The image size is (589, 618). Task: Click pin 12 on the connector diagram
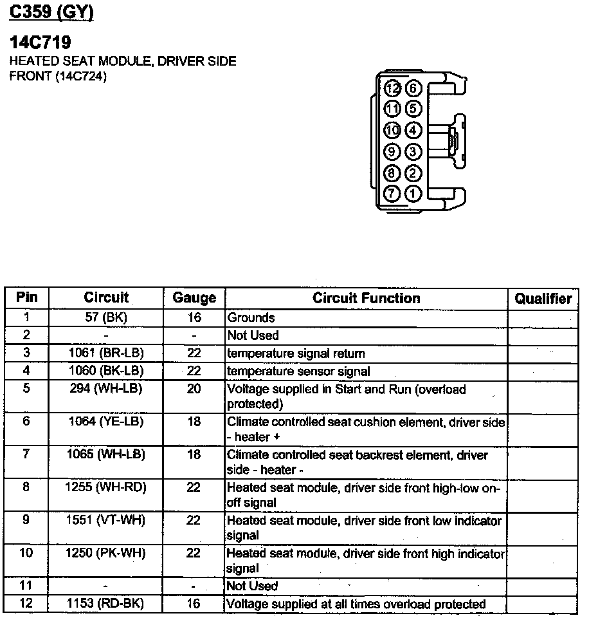(x=393, y=88)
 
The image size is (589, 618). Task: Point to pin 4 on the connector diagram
(x=413, y=131)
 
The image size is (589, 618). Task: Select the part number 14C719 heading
(x=40, y=43)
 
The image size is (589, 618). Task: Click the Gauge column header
(x=194, y=298)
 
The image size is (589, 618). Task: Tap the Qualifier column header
(x=543, y=298)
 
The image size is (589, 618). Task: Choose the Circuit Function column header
(x=366, y=298)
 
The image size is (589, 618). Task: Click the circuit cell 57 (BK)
(x=106, y=317)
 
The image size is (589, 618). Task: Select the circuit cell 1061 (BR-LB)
(x=106, y=353)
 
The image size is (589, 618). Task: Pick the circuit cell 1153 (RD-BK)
(x=106, y=604)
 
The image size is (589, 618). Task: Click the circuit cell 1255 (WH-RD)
(x=106, y=487)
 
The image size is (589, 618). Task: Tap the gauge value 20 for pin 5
(x=194, y=389)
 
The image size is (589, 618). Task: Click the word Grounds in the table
(x=251, y=317)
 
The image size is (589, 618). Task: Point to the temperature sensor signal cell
(x=298, y=371)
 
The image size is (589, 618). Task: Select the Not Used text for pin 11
(x=253, y=586)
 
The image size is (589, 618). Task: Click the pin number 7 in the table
(x=26, y=454)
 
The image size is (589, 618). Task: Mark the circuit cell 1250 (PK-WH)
(x=106, y=553)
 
